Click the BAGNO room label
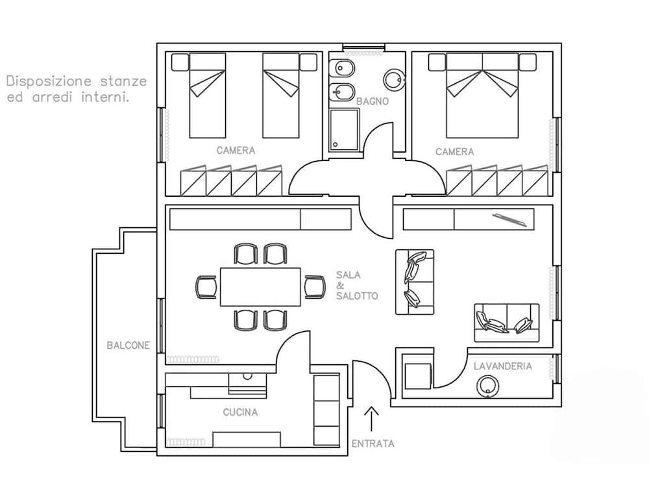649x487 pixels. click(373, 101)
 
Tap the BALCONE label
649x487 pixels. click(128, 345)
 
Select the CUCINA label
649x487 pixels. click(240, 412)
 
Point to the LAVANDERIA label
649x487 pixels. click(502, 366)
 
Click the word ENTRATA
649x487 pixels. click(373, 443)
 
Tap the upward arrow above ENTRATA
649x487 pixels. click(372, 419)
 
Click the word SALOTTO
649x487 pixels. click(357, 296)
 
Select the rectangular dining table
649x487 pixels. click(261, 287)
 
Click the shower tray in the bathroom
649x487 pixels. click(344, 131)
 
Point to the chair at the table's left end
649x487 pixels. click(206, 287)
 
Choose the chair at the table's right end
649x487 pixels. click(315, 286)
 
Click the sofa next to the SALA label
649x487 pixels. click(414, 282)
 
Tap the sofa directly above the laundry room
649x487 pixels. click(506, 323)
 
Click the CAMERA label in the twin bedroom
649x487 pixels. click(236, 151)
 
